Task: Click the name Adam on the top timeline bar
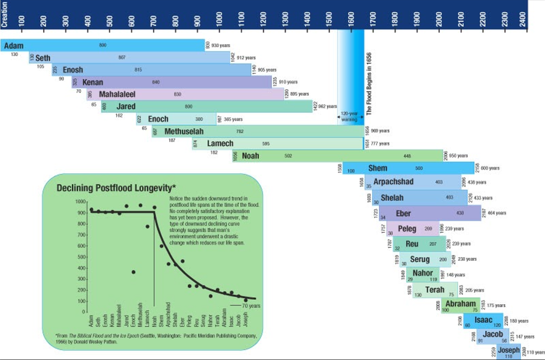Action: click(x=14, y=46)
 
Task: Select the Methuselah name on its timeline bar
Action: click(x=184, y=131)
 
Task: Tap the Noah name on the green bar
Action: click(x=250, y=156)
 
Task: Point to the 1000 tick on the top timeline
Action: click(x=219, y=19)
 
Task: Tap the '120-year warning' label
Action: click(x=349, y=117)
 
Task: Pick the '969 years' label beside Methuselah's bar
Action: click(x=380, y=131)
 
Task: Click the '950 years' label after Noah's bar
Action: click(x=458, y=156)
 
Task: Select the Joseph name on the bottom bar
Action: click(x=509, y=350)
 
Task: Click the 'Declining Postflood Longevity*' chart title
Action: click(x=116, y=188)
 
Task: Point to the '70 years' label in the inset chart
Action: click(x=251, y=305)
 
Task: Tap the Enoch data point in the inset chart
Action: click(x=133, y=272)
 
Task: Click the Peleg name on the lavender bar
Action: click(x=407, y=229)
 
